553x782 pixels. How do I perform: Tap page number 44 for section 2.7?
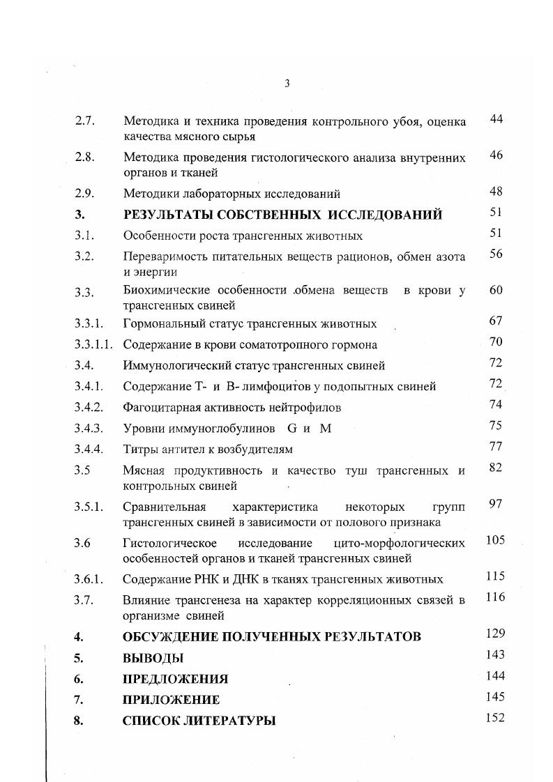496,120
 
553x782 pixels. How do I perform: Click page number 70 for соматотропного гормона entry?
496,342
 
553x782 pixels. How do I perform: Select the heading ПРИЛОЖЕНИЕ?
171,700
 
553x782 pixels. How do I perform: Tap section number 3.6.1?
89,579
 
